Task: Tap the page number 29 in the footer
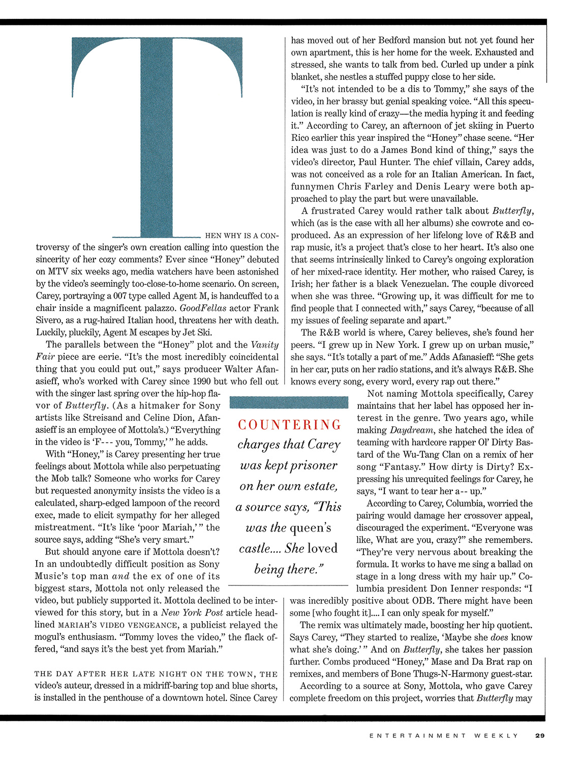pyautogui.click(x=539, y=735)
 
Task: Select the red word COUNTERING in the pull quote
pyautogui.click(x=290, y=425)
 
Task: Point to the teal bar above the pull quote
pyautogui.click(x=289, y=402)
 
